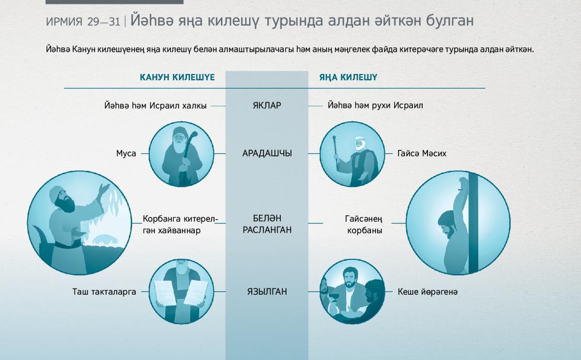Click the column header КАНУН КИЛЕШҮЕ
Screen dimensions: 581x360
pyautogui.click(x=177, y=77)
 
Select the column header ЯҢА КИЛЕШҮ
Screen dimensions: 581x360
pyautogui.click(x=348, y=77)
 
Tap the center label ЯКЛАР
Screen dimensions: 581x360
pyautogui.click(x=267, y=105)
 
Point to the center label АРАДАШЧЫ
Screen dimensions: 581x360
pyautogui.click(x=267, y=153)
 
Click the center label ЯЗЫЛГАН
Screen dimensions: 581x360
pyautogui.click(x=267, y=292)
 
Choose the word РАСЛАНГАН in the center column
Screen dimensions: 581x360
pyautogui.click(x=267, y=230)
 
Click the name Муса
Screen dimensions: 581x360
pyautogui.click(x=126, y=153)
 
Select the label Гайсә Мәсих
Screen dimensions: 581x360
pyautogui.click(x=422, y=153)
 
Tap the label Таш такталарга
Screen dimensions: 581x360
pyautogui.click(x=104, y=292)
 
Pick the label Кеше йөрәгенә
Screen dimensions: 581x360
pyautogui.click(x=428, y=292)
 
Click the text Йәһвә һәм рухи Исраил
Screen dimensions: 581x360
pyautogui.click(x=375, y=105)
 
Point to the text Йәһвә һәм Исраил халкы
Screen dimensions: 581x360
pyautogui.click(x=155, y=105)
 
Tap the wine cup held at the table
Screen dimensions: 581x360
pyautogui.click(x=335, y=297)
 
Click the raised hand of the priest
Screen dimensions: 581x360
pyautogui.click(x=105, y=188)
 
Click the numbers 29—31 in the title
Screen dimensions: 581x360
pyautogui.click(x=104, y=22)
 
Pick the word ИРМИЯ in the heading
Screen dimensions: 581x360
pyautogui.click(x=64, y=22)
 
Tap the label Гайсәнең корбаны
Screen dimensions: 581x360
pyautogui.click(x=364, y=225)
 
